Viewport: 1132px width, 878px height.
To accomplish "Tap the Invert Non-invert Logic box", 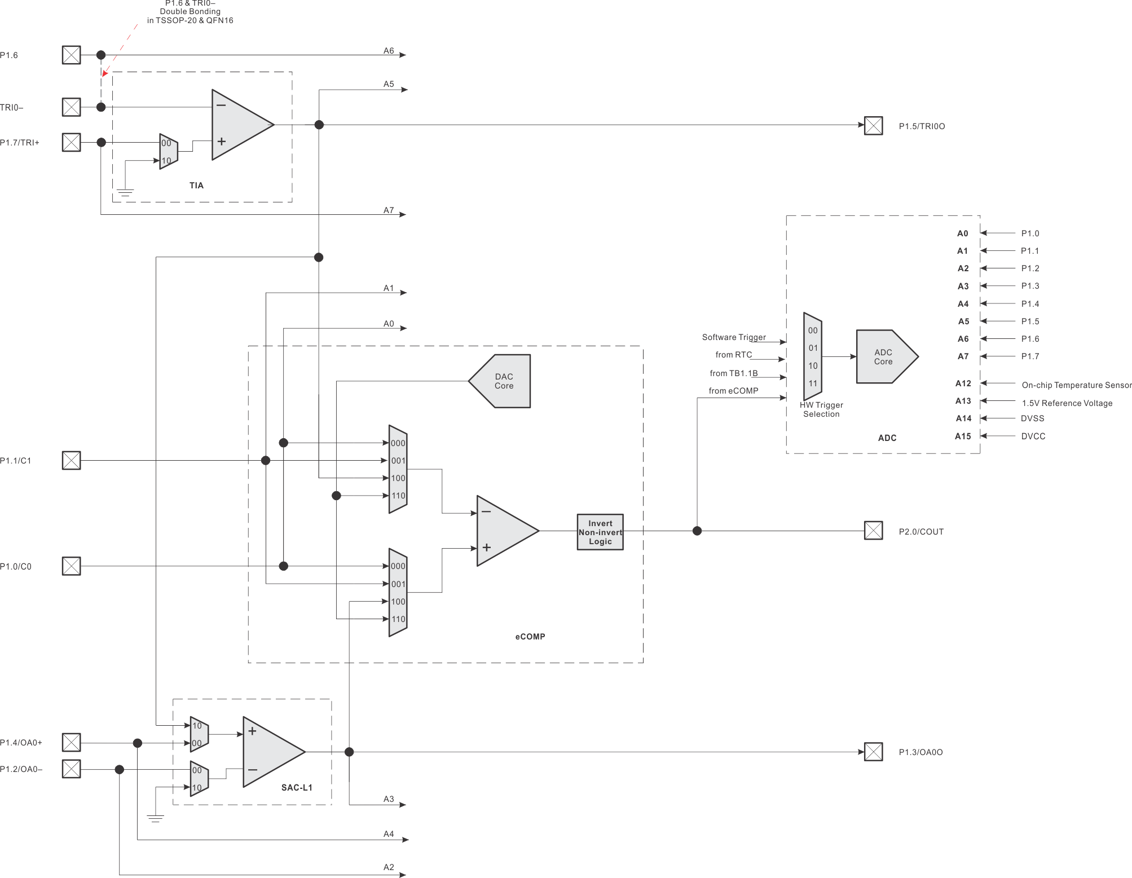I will coord(600,532).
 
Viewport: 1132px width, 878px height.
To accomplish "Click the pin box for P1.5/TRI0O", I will coord(873,125).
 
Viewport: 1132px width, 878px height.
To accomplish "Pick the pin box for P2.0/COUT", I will coord(873,531).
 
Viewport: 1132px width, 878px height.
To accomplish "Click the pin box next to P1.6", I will coord(71,55).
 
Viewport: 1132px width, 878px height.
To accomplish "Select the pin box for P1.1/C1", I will coord(71,460).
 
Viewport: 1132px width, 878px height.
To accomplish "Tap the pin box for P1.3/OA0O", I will coord(873,752).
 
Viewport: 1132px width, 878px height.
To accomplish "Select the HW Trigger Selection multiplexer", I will coord(813,357).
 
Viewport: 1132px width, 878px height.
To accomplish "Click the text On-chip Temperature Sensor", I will coord(1076,385).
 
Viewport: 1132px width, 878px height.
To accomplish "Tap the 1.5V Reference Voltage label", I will coord(1067,403).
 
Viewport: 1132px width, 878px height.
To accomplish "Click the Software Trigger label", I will coord(733,337).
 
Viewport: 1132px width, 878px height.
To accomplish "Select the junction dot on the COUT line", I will coord(697,531).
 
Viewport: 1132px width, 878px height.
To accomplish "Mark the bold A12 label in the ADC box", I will coord(963,383).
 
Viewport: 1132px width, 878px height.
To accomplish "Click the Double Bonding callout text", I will coord(190,12).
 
